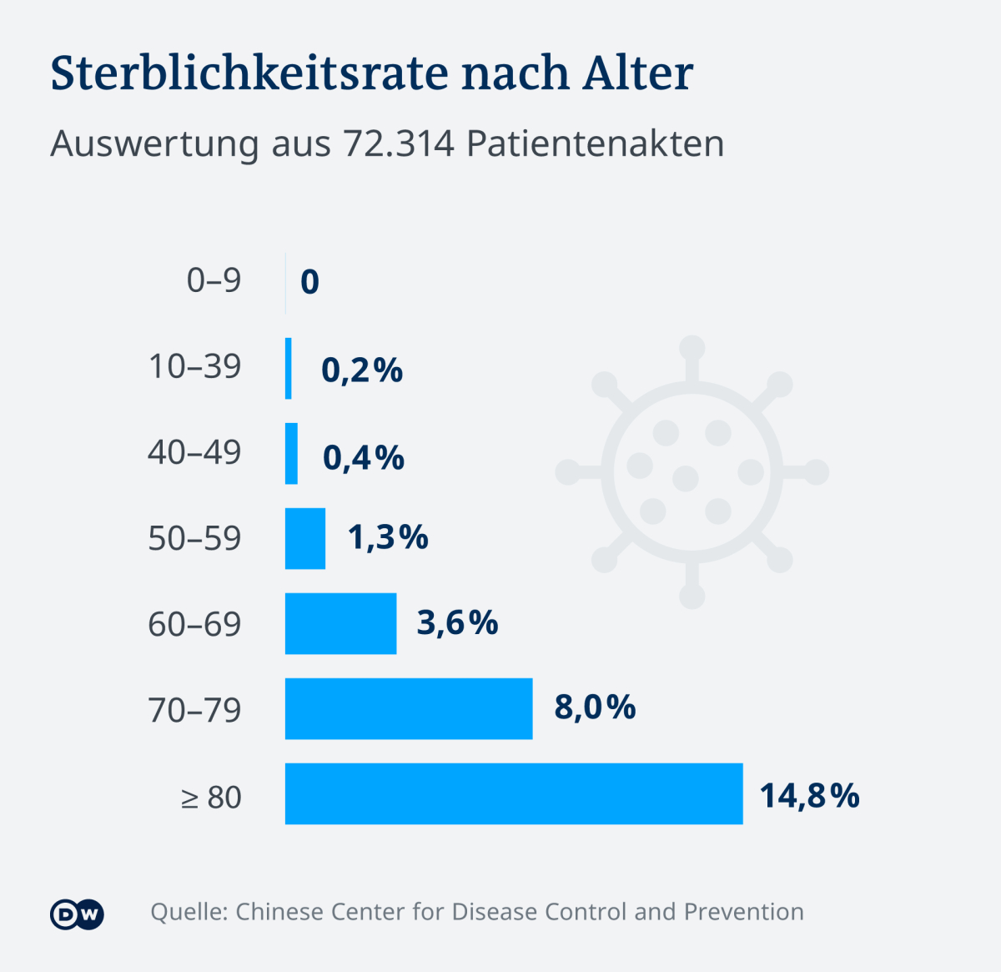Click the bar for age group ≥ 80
[x=514, y=793]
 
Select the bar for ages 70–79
[x=409, y=708]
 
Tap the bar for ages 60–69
[x=341, y=623]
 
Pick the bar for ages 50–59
[x=305, y=539]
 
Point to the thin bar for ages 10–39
[x=289, y=369]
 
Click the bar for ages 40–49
[x=292, y=453]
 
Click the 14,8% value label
[x=810, y=796]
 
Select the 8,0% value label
[x=595, y=708]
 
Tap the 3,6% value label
[x=457, y=622]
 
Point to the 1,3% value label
[x=389, y=537]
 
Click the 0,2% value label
[x=362, y=370]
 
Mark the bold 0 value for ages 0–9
[x=309, y=282]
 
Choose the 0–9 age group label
[x=214, y=280]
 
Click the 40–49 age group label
[x=194, y=453]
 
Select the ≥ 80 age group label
[x=211, y=798]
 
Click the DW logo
[x=77, y=914]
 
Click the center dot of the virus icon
[x=686, y=479]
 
